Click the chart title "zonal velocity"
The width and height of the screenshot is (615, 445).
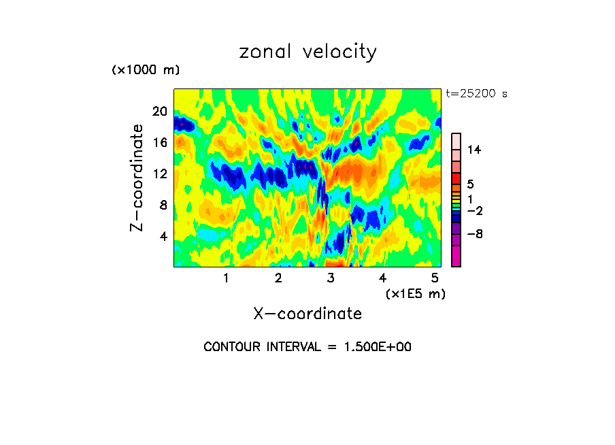(x=307, y=52)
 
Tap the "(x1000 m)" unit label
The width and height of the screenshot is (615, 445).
(x=146, y=70)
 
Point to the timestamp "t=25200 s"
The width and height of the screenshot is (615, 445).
(x=476, y=94)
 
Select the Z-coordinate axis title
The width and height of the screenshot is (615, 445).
(x=138, y=178)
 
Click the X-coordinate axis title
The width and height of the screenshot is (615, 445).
(x=307, y=314)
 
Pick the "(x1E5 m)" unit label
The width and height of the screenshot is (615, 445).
(x=415, y=293)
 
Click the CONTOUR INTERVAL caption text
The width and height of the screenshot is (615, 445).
(x=307, y=347)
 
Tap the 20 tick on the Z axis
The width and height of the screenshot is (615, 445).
(x=160, y=111)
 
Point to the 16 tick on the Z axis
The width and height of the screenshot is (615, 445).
(x=160, y=142)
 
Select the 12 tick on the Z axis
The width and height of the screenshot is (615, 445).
(x=160, y=174)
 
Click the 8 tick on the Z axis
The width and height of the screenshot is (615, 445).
(x=163, y=205)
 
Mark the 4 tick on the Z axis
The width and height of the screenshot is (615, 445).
(x=163, y=236)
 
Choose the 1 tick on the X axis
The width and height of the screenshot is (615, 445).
(x=226, y=278)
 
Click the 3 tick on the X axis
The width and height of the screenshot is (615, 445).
(x=331, y=278)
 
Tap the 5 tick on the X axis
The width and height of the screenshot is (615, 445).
(x=435, y=278)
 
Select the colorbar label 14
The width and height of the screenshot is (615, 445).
(x=474, y=150)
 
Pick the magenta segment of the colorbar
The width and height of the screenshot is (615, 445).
(x=456, y=257)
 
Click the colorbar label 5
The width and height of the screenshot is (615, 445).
(x=470, y=184)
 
